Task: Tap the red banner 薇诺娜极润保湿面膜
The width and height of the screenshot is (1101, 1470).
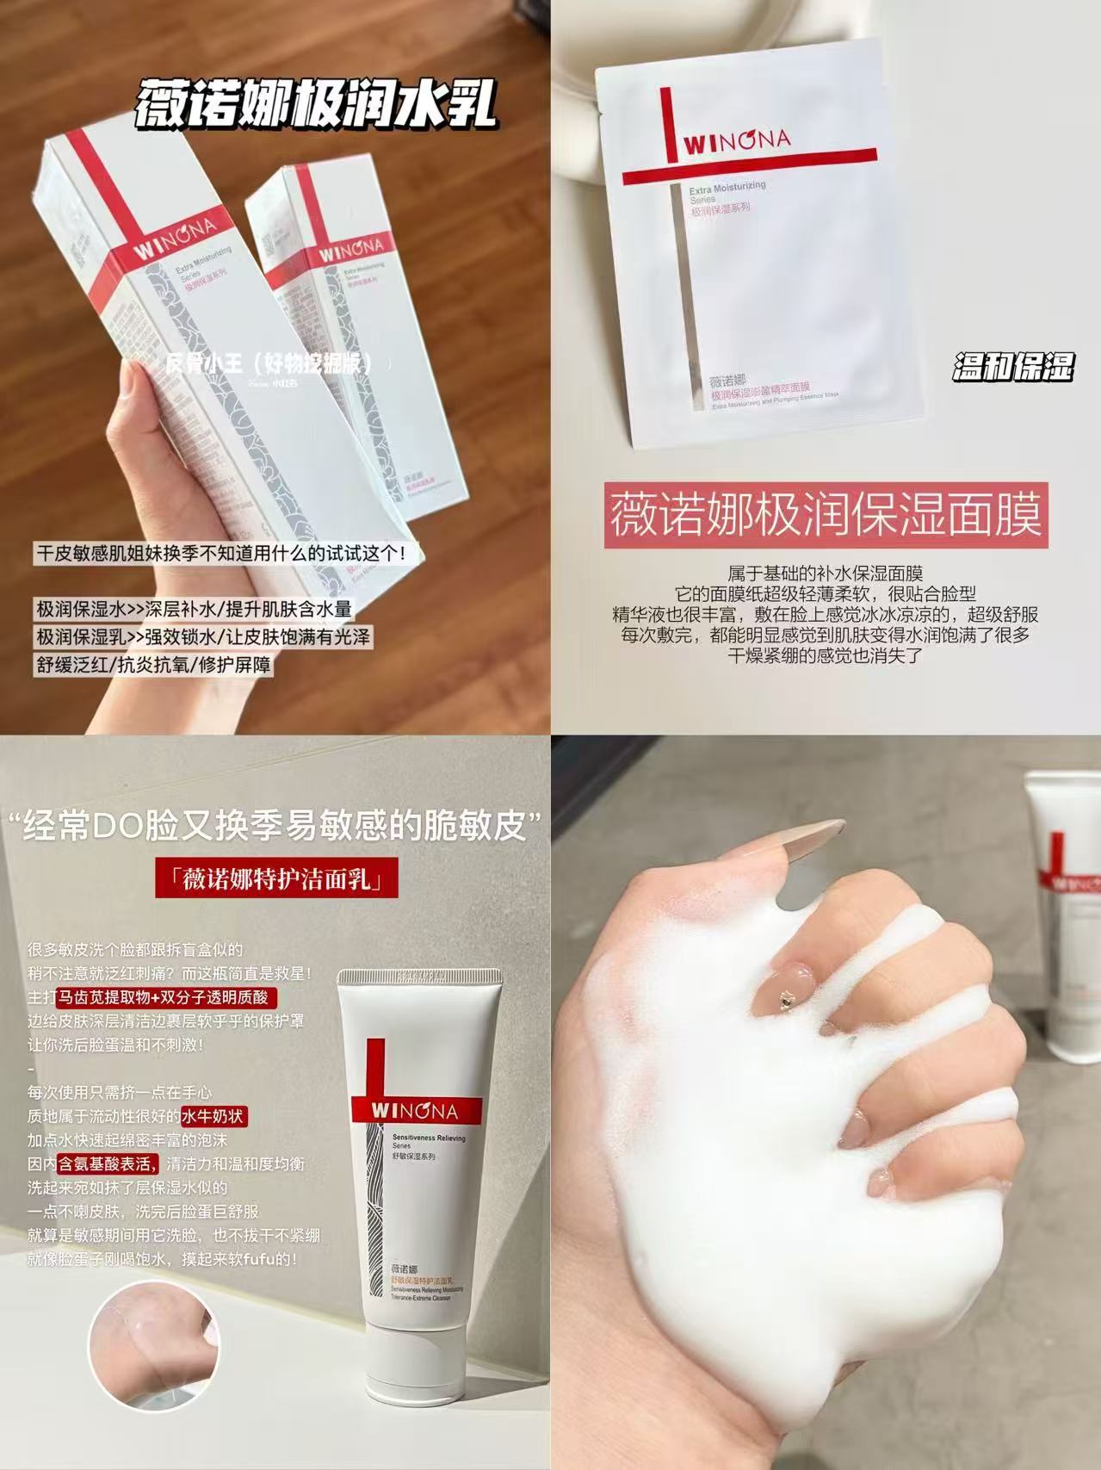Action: click(826, 515)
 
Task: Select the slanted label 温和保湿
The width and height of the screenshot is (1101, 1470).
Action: click(1013, 368)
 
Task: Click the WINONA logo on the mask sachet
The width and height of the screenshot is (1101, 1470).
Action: click(737, 140)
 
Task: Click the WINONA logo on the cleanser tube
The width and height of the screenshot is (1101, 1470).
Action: click(416, 1110)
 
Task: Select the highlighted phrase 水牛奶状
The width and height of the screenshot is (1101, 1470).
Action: click(213, 1116)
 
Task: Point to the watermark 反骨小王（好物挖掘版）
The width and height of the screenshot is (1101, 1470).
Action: click(271, 363)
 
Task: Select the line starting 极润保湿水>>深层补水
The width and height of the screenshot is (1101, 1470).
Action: click(194, 609)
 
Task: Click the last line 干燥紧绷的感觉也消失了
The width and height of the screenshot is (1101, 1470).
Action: click(825, 654)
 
